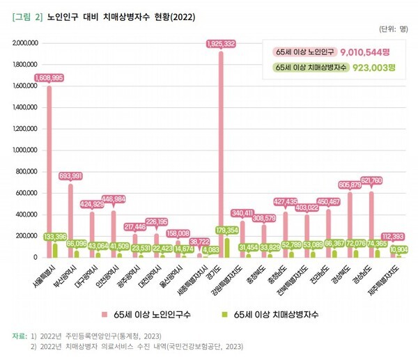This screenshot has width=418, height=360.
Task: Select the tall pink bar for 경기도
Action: pyautogui.click(x=221, y=153)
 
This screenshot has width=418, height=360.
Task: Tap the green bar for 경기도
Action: pyautogui.click(x=226, y=248)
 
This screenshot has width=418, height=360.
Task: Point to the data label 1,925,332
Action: pyautogui.click(x=221, y=44)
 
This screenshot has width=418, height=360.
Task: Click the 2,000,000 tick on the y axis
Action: pyautogui.click(x=26, y=43)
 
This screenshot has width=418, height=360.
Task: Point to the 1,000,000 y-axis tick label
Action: pyautogui.click(x=26, y=150)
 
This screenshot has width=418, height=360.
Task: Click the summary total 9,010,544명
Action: pyautogui.click(x=367, y=52)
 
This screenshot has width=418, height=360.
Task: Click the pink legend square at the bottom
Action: pyautogui.click(x=102, y=315)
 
